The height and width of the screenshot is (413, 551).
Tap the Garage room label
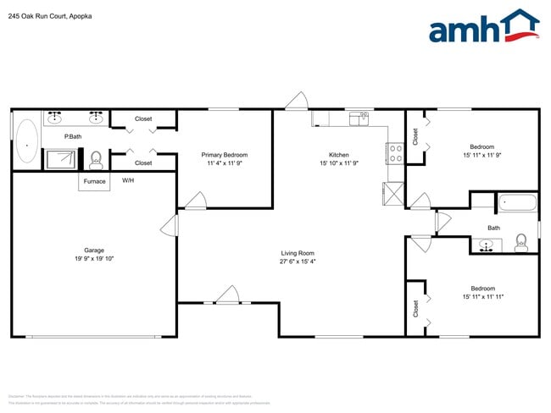point(93,250)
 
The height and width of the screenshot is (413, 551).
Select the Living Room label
point(298,252)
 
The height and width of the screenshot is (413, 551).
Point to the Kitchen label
point(339,155)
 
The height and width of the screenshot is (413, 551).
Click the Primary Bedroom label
point(225,155)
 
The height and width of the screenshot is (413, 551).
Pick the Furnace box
point(94,181)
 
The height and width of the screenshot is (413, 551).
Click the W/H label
point(128,180)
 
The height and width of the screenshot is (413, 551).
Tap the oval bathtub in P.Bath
point(27,140)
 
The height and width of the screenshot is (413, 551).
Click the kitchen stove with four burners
point(395,152)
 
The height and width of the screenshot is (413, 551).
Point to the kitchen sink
point(361,116)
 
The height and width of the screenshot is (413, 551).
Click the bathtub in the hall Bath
point(516,203)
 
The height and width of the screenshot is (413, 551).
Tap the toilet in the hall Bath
point(520,245)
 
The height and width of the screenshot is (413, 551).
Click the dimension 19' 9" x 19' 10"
point(93,259)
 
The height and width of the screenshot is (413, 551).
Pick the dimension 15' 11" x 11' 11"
point(483,297)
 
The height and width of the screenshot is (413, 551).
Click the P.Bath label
point(73,137)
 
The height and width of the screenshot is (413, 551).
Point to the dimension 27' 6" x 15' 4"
point(298,262)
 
